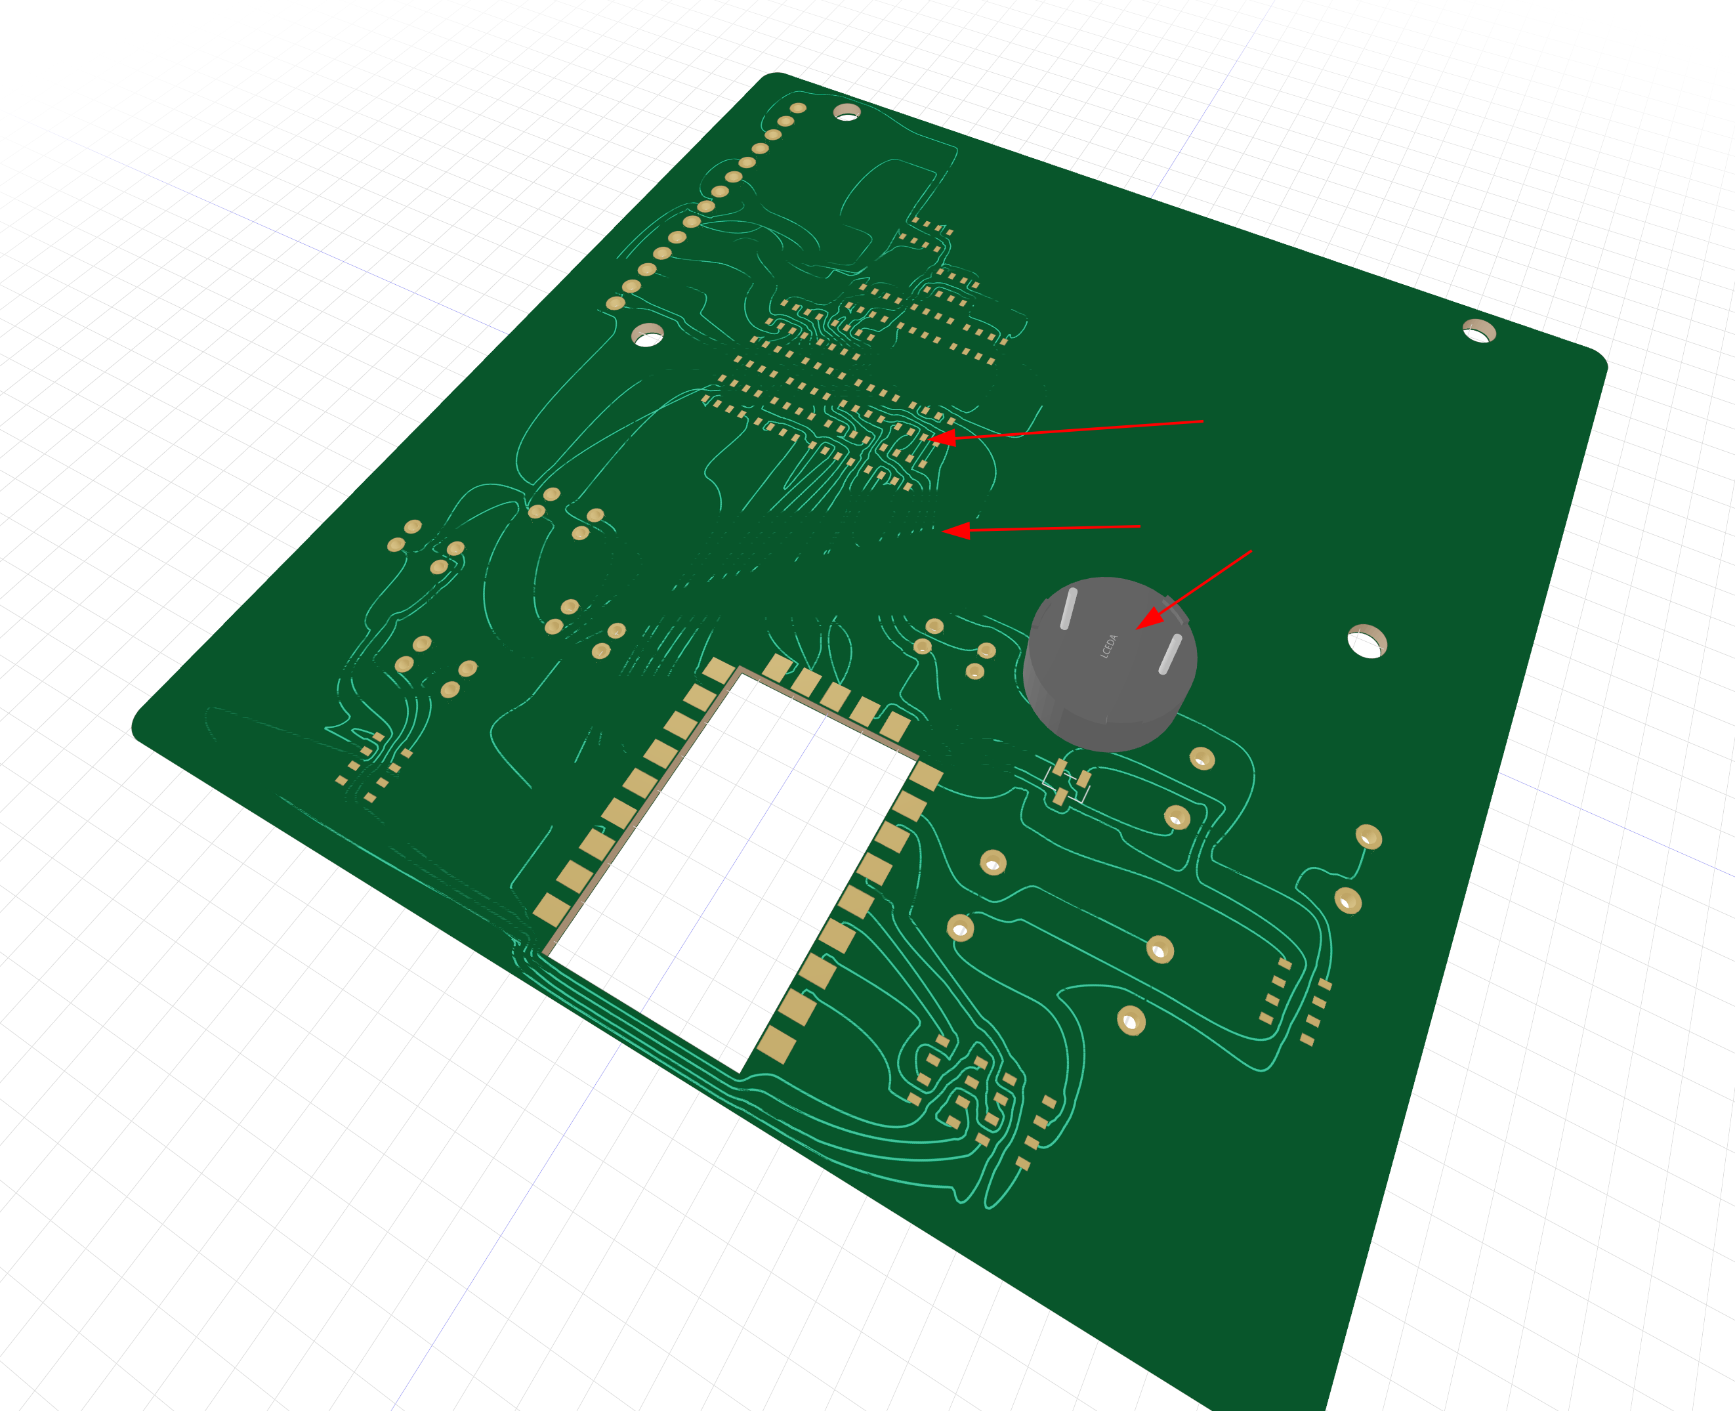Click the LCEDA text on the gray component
pos(1109,646)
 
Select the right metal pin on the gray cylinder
pos(1170,654)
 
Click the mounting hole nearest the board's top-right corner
pos(1479,331)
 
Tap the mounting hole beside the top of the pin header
pos(847,112)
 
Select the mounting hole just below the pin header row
pos(648,334)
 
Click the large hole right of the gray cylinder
pos(1367,641)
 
